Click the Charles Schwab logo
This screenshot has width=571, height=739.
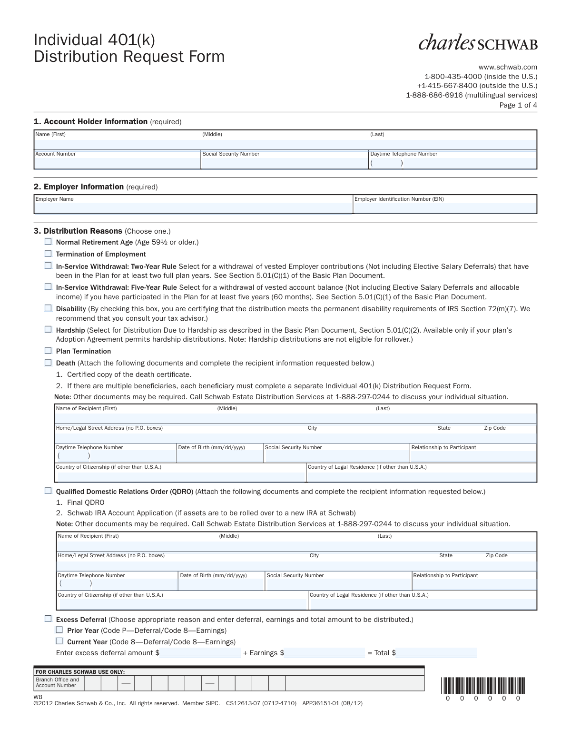point(478,42)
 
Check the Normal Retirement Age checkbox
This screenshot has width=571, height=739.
point(48,242)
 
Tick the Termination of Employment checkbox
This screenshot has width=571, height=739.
point(48,254)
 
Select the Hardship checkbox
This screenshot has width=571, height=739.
point(48,329)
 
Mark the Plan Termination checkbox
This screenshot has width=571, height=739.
point(48,351)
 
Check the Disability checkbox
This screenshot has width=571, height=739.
point(48,308)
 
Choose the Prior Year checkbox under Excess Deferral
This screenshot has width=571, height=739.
point(59,630)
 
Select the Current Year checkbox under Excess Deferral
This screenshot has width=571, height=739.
point(59,641)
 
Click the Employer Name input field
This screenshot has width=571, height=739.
point(193,208)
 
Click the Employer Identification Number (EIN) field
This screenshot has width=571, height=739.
point(444,208)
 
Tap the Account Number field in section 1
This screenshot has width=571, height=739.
point(117,163)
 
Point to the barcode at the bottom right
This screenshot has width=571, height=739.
point(483,685)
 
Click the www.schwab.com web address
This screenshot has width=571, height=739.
point(508,67)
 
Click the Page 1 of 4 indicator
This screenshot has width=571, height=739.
point(518,105)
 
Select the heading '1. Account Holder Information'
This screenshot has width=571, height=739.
point(90,121)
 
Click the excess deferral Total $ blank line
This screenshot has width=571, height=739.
point(436,653)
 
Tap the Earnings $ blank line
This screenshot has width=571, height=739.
point(325,653)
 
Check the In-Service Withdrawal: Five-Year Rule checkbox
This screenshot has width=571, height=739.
point(48,286)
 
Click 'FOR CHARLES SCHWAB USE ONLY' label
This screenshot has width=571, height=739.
point(80,672)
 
